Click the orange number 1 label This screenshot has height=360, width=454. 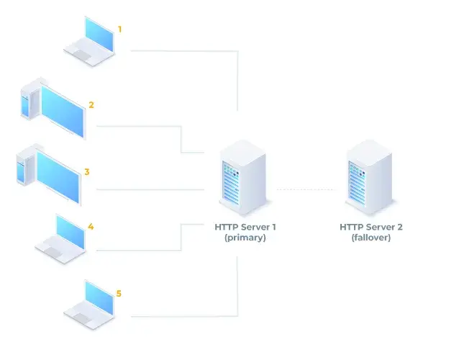(119, 29)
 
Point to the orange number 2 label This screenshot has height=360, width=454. (91, 104)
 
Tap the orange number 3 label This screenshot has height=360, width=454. (86, 172)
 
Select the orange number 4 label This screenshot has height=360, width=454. (91, 226)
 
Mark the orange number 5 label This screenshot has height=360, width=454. (119, 294)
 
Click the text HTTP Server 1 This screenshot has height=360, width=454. (245, 227)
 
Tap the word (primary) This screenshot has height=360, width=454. (245, 237)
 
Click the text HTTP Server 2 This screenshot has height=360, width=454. (371, 227)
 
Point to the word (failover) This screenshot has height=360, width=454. (371, 237)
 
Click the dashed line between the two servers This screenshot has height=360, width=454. (306, 189)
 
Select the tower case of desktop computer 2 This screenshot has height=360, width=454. (28, 102)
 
